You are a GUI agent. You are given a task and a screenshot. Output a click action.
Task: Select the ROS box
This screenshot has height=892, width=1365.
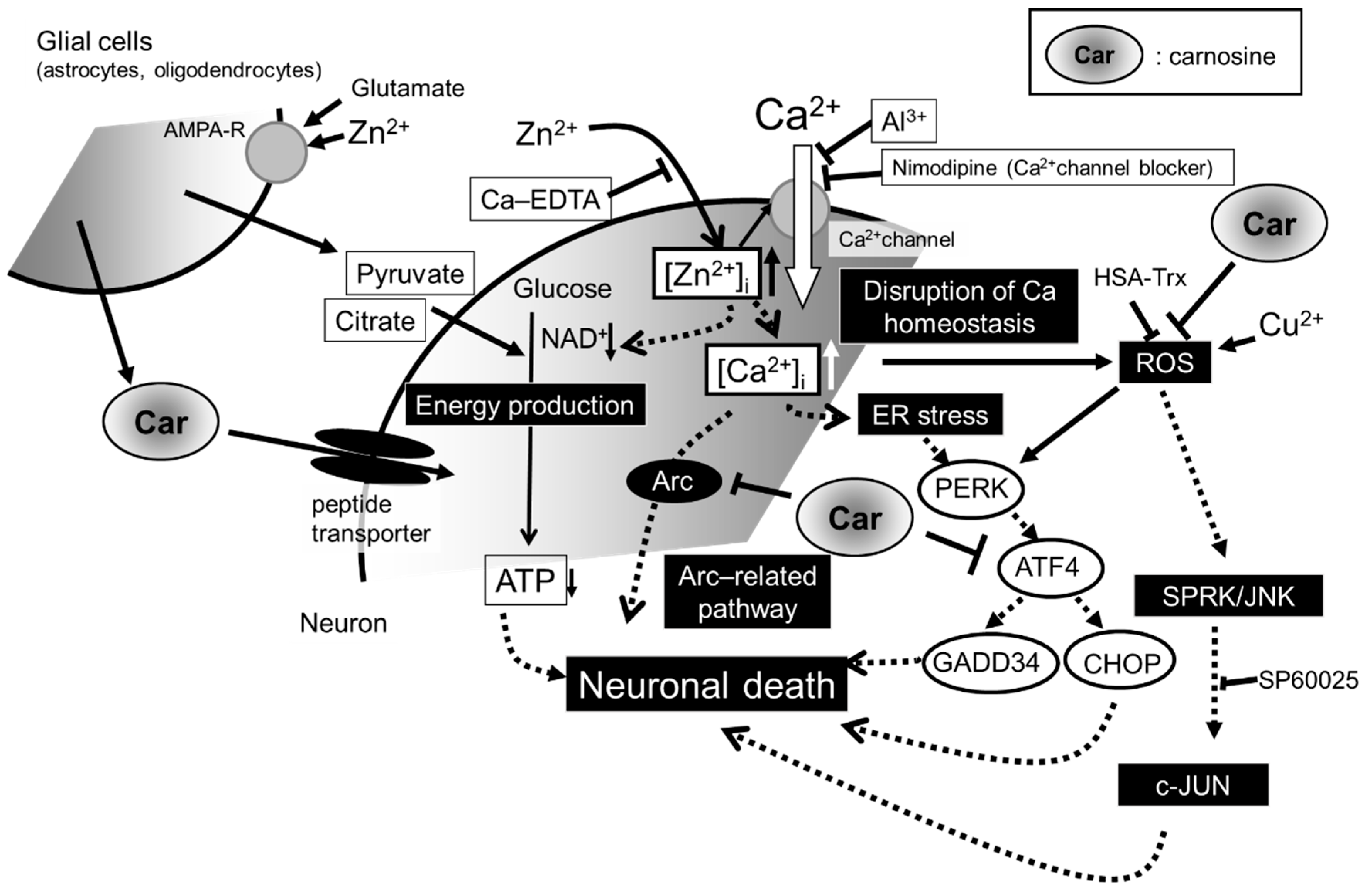[1165, 362]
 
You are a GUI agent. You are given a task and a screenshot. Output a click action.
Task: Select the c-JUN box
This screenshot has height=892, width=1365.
[1192, 785]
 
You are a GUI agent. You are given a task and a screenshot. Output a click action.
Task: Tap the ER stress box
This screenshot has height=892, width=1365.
[930, 415]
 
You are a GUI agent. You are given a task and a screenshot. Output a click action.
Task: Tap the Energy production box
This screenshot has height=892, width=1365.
[525, 405]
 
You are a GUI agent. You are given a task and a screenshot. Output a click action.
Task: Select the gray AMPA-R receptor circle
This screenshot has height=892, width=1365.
[276, 152]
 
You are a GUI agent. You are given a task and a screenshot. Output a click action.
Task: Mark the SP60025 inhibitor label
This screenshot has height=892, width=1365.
[1307, 680]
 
